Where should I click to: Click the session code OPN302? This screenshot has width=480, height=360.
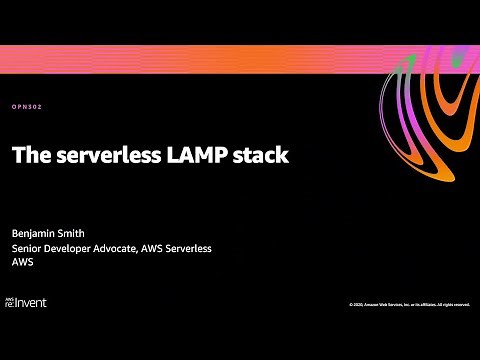tap(28, 107)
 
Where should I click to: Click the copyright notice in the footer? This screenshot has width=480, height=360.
tap(409, 304)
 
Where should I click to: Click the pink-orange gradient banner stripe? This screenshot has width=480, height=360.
tap(200, 61)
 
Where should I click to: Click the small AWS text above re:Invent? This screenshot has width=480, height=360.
tap(11, 296)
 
